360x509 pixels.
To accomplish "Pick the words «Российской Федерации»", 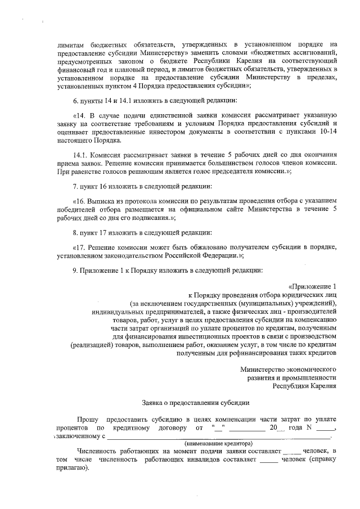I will (x=204, y=256).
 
